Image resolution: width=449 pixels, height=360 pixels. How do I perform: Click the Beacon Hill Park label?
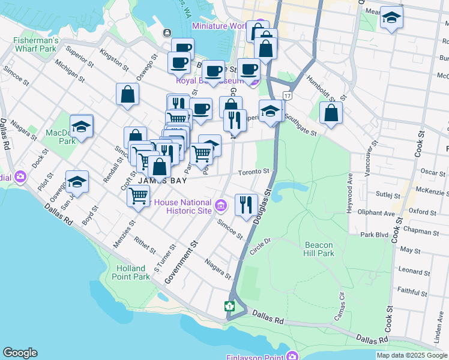(319, 249)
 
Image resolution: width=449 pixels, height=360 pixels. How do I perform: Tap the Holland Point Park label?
(131, 272)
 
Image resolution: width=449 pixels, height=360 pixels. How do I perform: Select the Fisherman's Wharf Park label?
(35, 46)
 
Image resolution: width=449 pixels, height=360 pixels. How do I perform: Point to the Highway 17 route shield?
(288, 96)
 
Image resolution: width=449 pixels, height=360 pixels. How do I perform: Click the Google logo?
(20, 353)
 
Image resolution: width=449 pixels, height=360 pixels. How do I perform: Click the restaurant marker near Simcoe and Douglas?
(246, 205)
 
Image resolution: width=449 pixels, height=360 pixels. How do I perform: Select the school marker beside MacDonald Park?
(81, 127)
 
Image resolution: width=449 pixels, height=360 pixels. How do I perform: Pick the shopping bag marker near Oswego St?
(127, 94)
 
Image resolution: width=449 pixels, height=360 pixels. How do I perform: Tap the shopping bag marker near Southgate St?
(331, 112)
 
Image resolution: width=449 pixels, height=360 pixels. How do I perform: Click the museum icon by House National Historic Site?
(221, 206)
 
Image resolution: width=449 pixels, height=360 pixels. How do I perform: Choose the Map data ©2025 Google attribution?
(412, 355)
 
